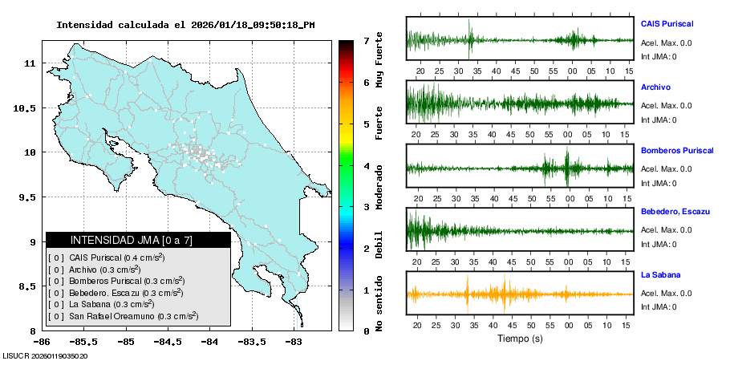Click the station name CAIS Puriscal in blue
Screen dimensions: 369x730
pyautogui.click(x=667, y=24)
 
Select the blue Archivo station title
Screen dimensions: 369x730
pyautogui.click(x=655, y=87)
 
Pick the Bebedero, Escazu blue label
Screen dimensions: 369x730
pyautogui.click(x=675, y=211)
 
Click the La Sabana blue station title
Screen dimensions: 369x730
pyautogui.click(x=659, y=275)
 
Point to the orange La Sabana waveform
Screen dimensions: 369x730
pyautogui.click(x=520, y=294)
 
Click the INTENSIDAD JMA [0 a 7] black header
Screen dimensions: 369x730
pyautogui.click(x=137, y=240)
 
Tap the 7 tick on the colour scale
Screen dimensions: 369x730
pyautogui.click(x=366, y=40)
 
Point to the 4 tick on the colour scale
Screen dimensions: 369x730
pyautogui.click(x=366, y=166)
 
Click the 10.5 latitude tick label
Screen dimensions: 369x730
pyautogui.click(x=26, y=108)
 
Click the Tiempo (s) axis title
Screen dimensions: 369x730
pyautogui.click(x=520, y=339)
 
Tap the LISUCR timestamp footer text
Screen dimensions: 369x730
pyautogui.click(x=45, y=355)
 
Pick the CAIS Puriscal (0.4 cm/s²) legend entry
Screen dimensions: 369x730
pyautogui.click(x=116, y=257)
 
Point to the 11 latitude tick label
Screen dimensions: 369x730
pyautogui.click(x=31, y=63)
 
